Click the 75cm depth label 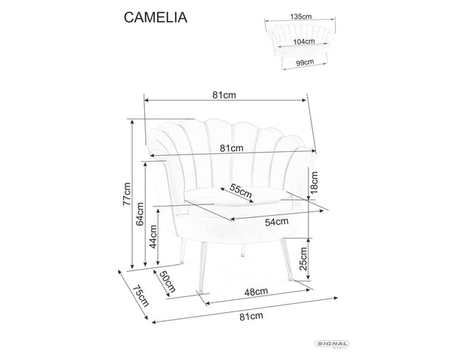(x=137, y=297)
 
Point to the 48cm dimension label (x=256, y=292)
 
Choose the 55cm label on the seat (x=240, y=191)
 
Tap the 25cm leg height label (x=304, y=260)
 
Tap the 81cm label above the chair (x=226, y=95)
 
